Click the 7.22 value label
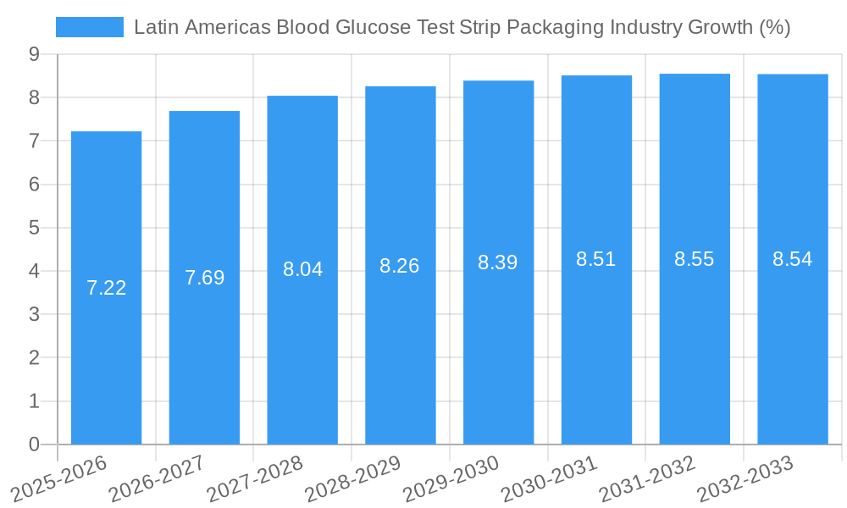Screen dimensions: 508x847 point(106,288)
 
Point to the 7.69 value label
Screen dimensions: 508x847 point(204,278)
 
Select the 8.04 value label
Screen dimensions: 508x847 point(302,269)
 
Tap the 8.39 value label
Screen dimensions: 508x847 point(498,262)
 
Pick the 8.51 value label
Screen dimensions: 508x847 point(596,259)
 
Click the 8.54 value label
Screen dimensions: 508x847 point(793,259)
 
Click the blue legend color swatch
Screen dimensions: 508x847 point(89,27)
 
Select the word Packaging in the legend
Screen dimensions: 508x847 point(555,27)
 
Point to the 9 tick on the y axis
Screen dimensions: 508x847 point(34,54)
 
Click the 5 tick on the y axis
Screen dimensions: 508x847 point(34,228)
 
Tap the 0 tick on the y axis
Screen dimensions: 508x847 point(34,444)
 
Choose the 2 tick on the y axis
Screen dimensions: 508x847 point(34,358)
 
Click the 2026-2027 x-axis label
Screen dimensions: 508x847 point(157,478)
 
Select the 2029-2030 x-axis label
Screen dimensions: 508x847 point(451,478)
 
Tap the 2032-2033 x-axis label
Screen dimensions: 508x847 point(745,478)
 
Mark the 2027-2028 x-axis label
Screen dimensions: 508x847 point(255,478)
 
